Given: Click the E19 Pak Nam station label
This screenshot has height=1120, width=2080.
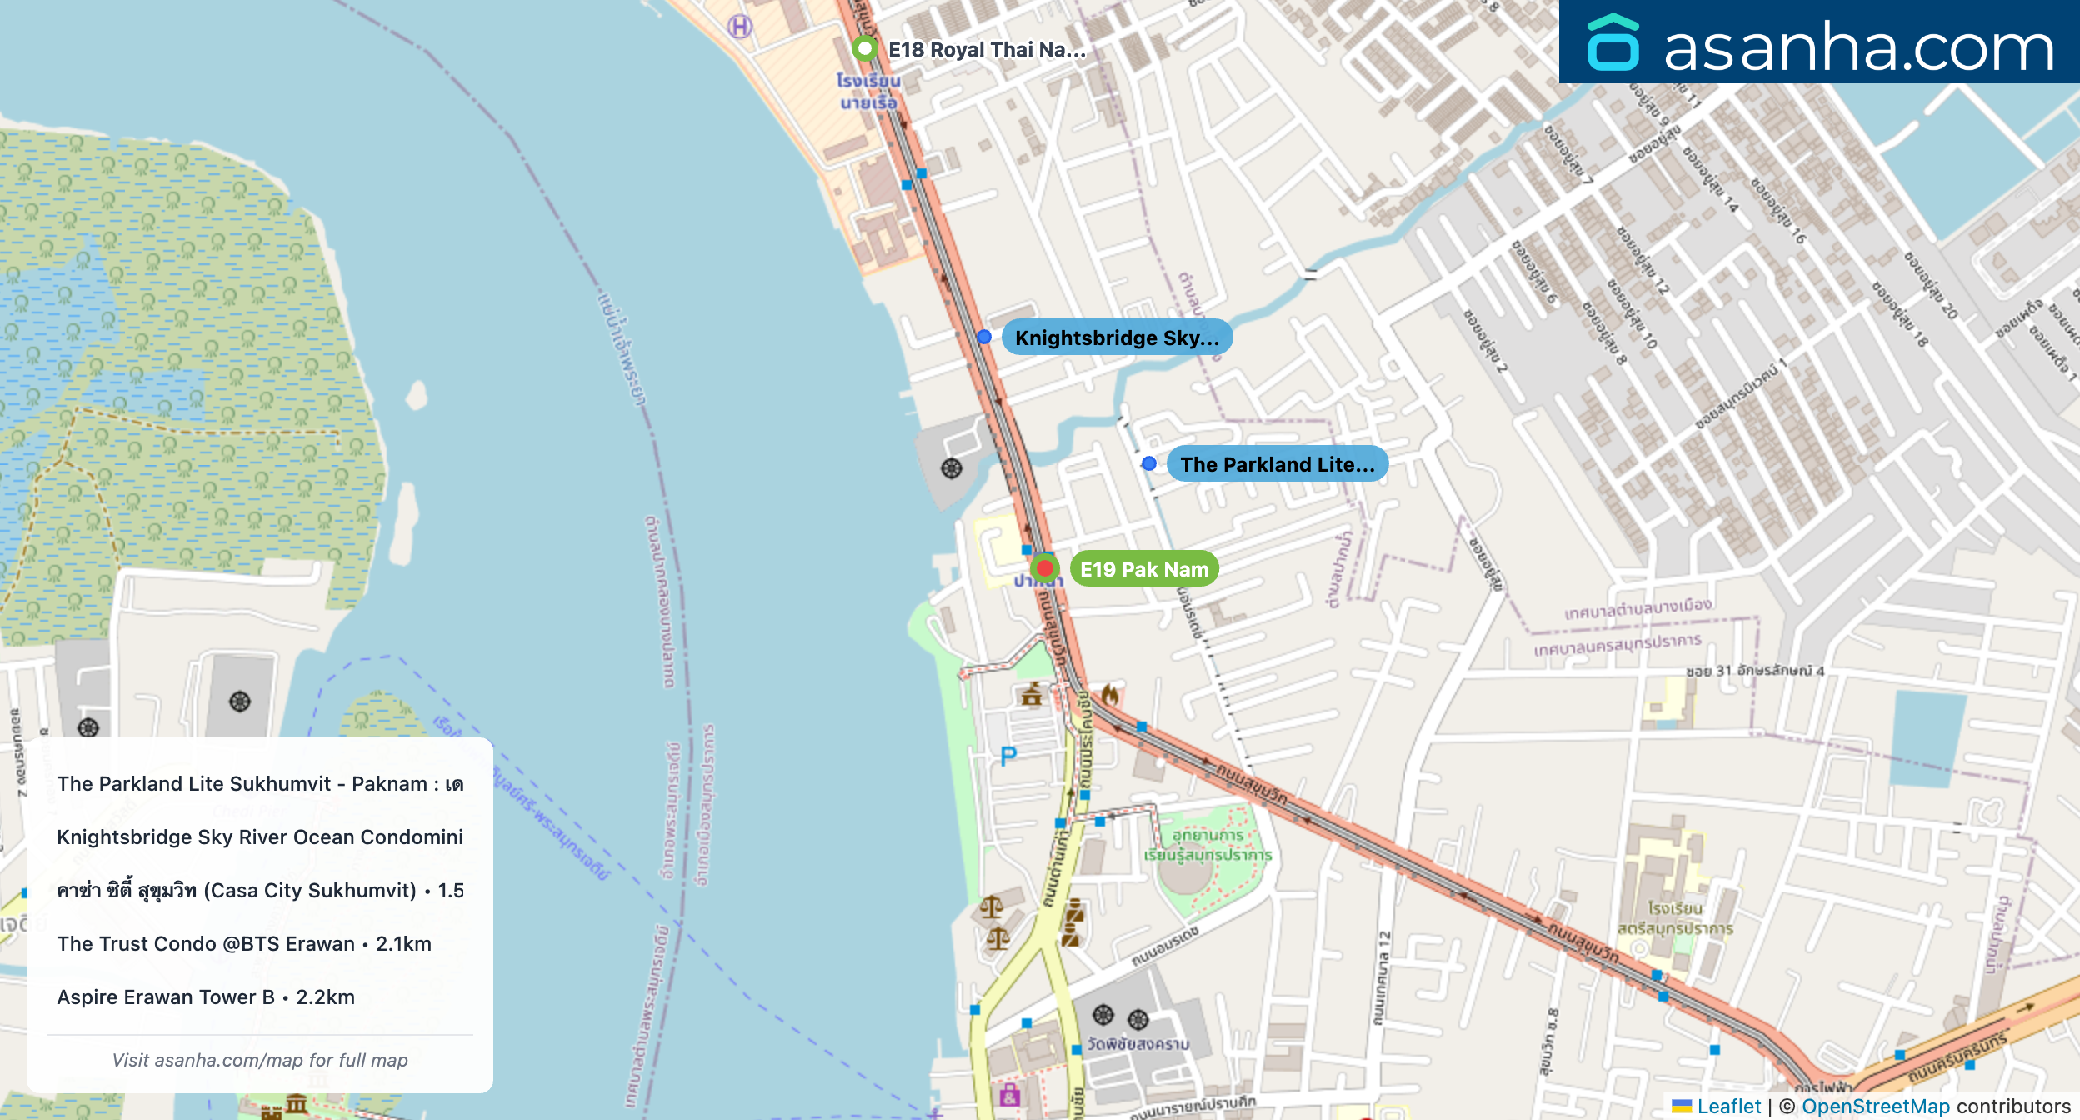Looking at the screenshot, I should pos(1143,569).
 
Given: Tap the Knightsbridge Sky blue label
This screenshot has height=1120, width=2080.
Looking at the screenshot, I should pos(1116,337).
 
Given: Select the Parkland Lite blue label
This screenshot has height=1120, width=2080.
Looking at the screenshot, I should pos(1277,464).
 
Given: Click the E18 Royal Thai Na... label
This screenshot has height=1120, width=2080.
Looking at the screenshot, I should pos(987,50).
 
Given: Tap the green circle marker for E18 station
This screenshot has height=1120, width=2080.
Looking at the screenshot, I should pos(865,48).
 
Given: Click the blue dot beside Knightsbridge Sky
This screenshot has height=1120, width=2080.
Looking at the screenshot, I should pos(984,337).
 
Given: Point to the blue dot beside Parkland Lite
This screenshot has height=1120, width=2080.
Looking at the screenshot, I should pos(1149,463).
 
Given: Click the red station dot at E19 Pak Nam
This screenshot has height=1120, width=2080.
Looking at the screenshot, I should pos(1044,568).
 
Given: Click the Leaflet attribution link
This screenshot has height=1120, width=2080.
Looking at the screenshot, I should pos(1728,1106).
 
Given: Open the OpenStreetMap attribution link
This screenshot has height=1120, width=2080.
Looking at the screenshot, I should pos(1876,1106).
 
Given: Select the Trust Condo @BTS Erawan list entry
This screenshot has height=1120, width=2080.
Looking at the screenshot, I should pos(244,943).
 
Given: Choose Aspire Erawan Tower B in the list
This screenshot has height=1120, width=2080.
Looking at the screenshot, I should pos(206,997).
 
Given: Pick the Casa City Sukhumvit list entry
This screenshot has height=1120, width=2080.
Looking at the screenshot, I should pos(260,890).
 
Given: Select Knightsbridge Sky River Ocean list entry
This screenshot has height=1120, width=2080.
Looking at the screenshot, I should pos(260,837).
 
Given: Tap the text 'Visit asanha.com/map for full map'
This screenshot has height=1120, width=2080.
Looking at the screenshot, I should pos(260,1060).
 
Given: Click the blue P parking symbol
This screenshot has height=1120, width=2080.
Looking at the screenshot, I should pos(1008,756).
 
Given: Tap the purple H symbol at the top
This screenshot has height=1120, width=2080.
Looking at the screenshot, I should pos(740,27).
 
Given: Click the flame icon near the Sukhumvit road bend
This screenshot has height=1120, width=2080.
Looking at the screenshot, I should pos(1109,693).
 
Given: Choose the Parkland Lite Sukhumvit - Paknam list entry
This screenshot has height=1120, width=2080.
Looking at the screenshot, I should pos(260,783).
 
